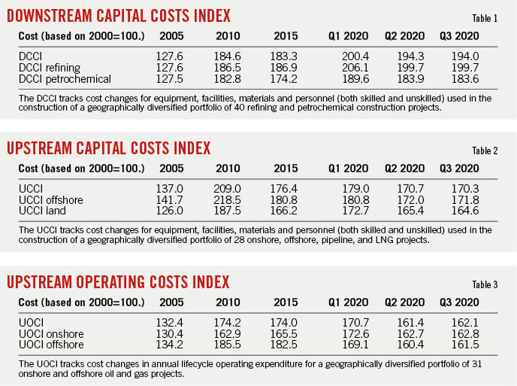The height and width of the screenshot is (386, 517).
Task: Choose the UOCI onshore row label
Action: (x=51, y=333)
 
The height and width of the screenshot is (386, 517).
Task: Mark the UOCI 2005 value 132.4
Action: (x=171, y=322)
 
